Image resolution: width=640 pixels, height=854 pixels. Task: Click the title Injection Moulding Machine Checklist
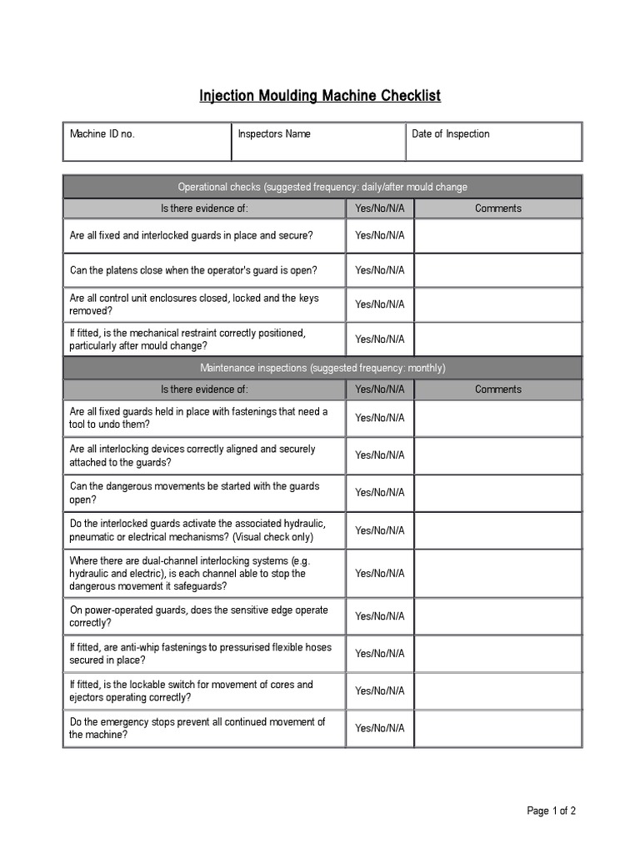pos(320,96)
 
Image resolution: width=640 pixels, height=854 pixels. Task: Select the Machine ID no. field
pos(147,142)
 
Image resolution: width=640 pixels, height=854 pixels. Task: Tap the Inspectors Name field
pos(318,142)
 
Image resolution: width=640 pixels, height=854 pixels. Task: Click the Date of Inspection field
pos(493,142)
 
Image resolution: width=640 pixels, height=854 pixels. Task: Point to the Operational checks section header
pos(322,187)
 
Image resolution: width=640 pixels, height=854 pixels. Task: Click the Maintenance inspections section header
pos(322,368)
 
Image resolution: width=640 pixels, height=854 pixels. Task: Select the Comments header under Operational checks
pos(497,208)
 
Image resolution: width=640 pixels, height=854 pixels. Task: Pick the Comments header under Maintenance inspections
pos(497,389)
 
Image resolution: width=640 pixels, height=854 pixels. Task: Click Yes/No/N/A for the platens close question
pos(379,270)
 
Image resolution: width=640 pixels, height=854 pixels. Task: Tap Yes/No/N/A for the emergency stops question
pos(379,728)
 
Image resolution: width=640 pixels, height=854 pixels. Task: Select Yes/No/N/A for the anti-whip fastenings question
pos(379,654)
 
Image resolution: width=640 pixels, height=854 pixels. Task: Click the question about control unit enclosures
pos(194,304)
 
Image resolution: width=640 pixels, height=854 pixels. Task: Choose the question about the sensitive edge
pos(199,616)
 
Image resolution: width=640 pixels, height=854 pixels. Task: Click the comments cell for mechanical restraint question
pos(497,339)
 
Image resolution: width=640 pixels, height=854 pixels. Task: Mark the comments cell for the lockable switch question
pos(497,691)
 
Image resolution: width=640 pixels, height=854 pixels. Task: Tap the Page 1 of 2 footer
pos(551,811)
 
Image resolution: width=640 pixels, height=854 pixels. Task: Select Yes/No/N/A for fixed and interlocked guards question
pos(379,236)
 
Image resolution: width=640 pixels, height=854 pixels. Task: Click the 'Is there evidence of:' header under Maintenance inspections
pos(204,389)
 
